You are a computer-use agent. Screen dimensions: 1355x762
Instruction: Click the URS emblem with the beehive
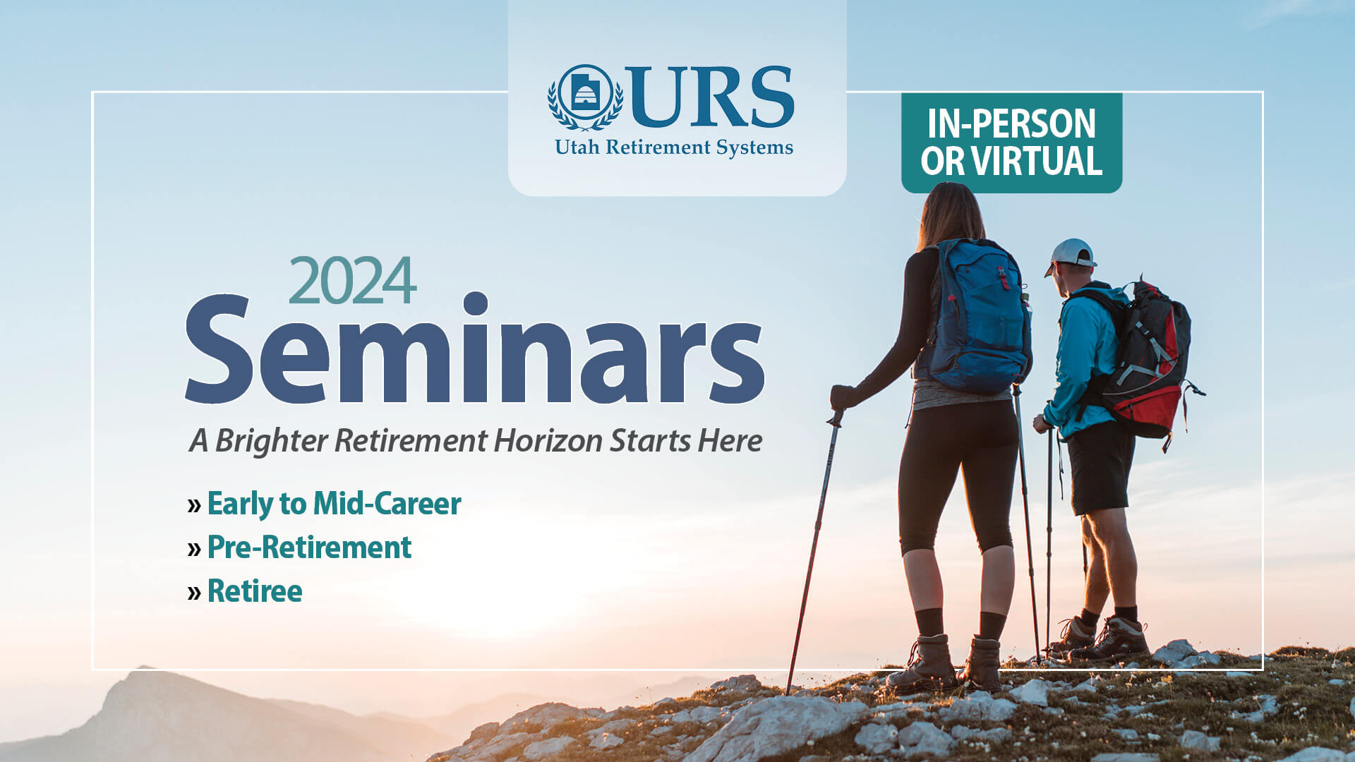pos(585,97)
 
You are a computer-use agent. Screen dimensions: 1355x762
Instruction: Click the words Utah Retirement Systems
pos(674,147)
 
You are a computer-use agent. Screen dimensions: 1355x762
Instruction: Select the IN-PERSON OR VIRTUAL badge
pos(1011,143)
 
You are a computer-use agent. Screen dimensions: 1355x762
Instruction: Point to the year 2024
pos(352,280)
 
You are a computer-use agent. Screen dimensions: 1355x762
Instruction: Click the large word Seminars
pos(475,348)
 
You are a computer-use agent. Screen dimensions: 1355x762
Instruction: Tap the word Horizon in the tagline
pos(548,440)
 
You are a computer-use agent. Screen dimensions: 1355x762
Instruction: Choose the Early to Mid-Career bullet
pos(325,504)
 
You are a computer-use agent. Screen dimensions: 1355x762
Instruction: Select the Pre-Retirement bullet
pos(299,548)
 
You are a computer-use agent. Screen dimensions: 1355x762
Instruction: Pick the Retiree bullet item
pos(245,591)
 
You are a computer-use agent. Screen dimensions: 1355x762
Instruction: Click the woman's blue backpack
pos(980,316)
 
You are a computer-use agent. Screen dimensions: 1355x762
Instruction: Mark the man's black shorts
pos(1100,467)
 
